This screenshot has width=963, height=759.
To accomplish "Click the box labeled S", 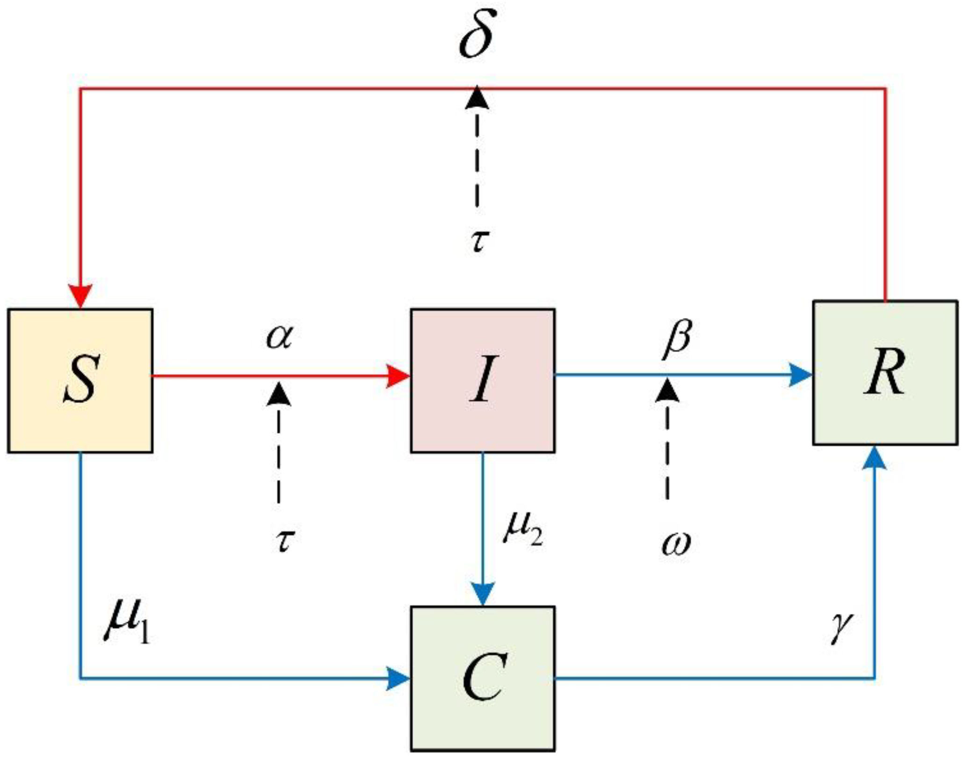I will (x=80, y=380).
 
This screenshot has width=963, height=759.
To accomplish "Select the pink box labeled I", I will (x=483, y=380).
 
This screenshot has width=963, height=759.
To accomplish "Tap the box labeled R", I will (x=885, y=372).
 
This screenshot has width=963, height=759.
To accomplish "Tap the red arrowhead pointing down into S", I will (x=80, y=296).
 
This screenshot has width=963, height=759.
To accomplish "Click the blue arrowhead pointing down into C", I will (x=483, y=593).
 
